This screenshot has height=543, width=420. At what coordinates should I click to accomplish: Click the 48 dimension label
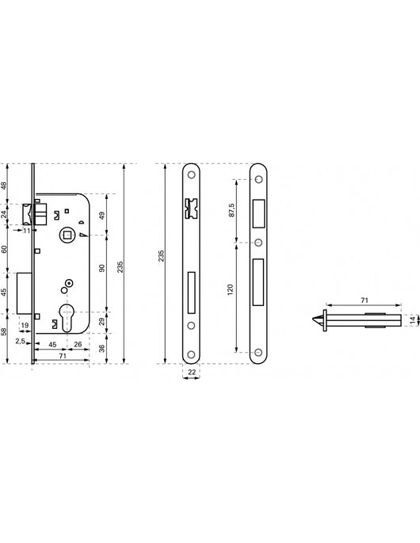click(3, 185)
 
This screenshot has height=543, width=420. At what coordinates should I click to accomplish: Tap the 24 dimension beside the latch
click(3, 214)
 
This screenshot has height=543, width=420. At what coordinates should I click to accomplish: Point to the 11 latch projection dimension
click(27, 231)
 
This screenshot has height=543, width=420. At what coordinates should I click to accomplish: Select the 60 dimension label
click(3, 249)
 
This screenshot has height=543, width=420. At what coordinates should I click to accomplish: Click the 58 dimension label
click(3, 331)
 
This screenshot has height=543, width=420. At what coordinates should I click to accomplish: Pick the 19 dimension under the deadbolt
click(25, 326)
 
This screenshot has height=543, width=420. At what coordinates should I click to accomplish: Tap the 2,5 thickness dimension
click(20, 341)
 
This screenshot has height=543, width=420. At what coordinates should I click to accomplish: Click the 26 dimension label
click(78, 344)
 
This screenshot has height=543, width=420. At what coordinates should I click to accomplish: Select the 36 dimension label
click(101, 348)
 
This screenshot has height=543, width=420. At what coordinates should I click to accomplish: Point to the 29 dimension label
click(101, 322)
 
